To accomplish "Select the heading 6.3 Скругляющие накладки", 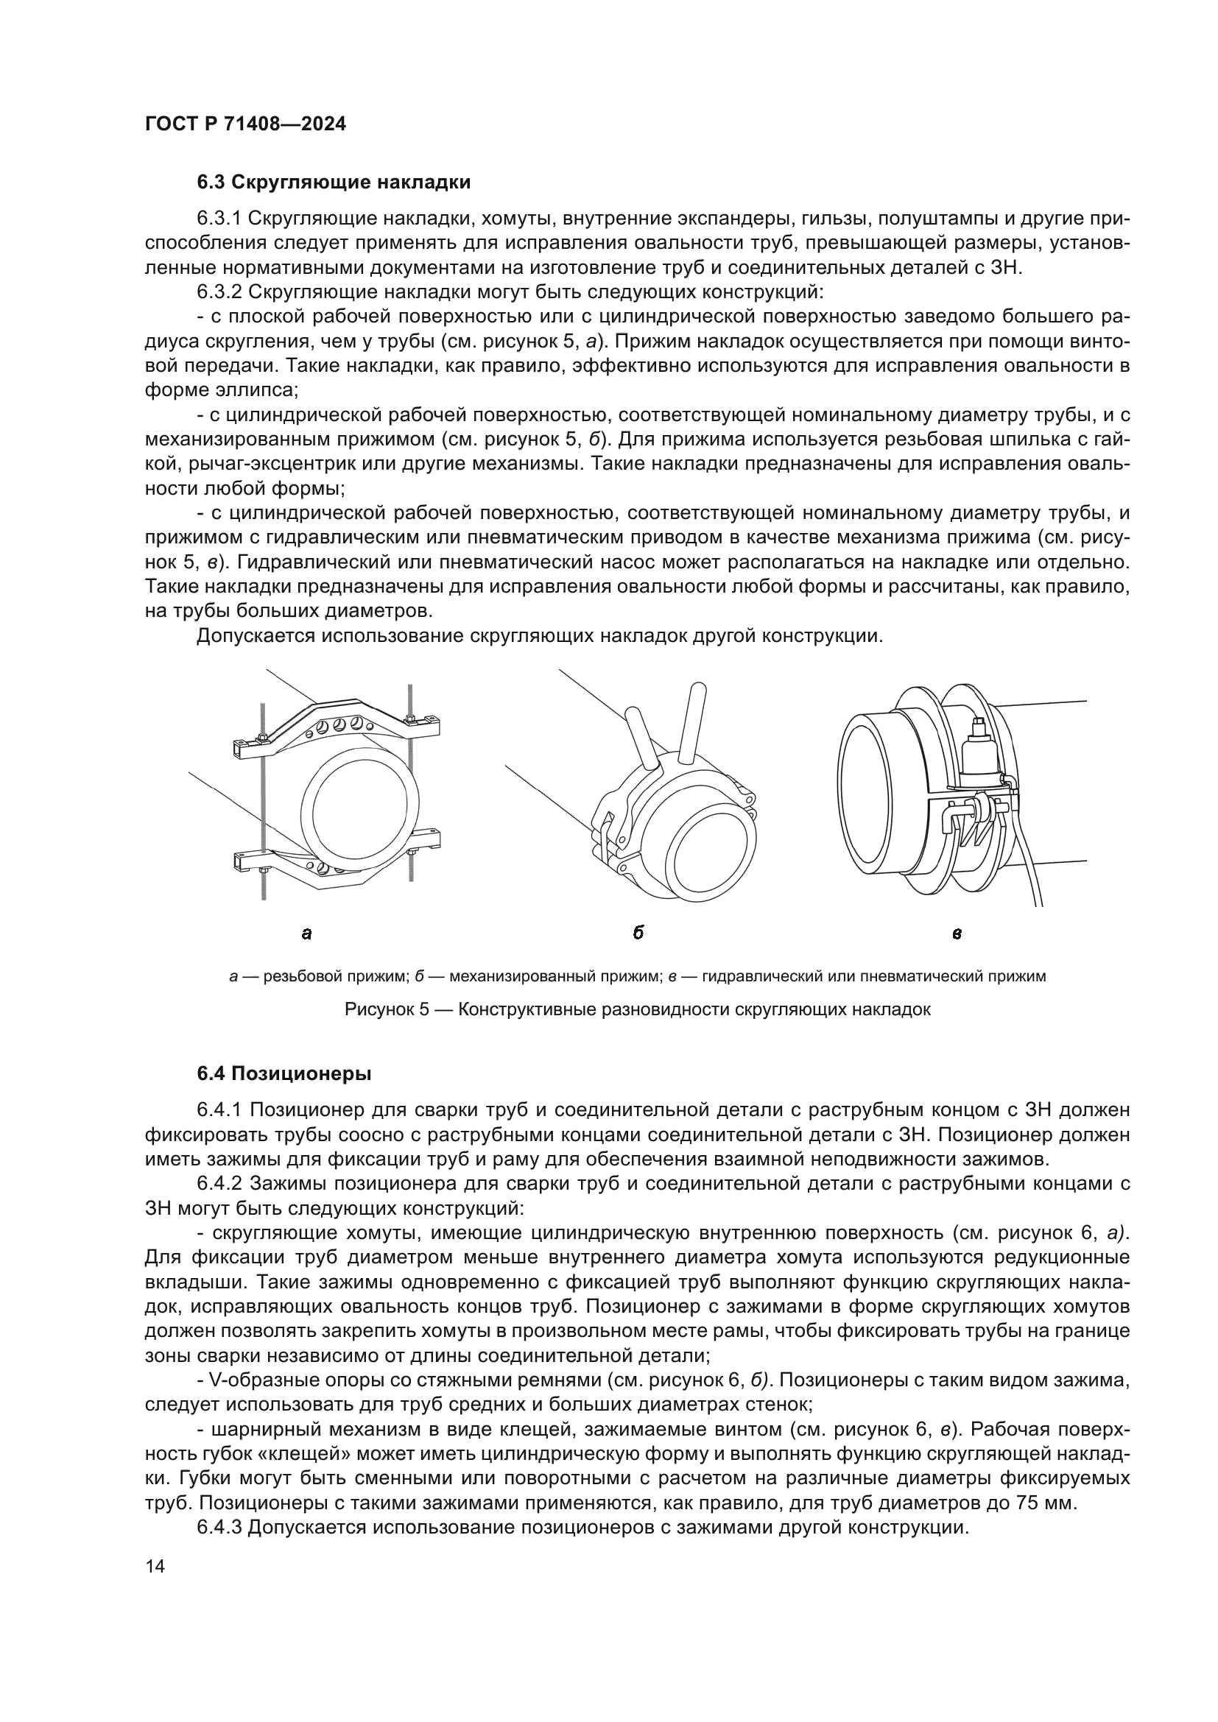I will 334,183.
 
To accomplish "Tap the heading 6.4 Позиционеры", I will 284,1074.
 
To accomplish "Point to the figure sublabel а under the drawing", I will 306,934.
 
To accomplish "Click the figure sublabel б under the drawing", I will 638,933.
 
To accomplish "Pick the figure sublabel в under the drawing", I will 957,934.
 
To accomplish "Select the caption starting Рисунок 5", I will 638,1009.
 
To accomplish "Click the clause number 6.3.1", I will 218,219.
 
